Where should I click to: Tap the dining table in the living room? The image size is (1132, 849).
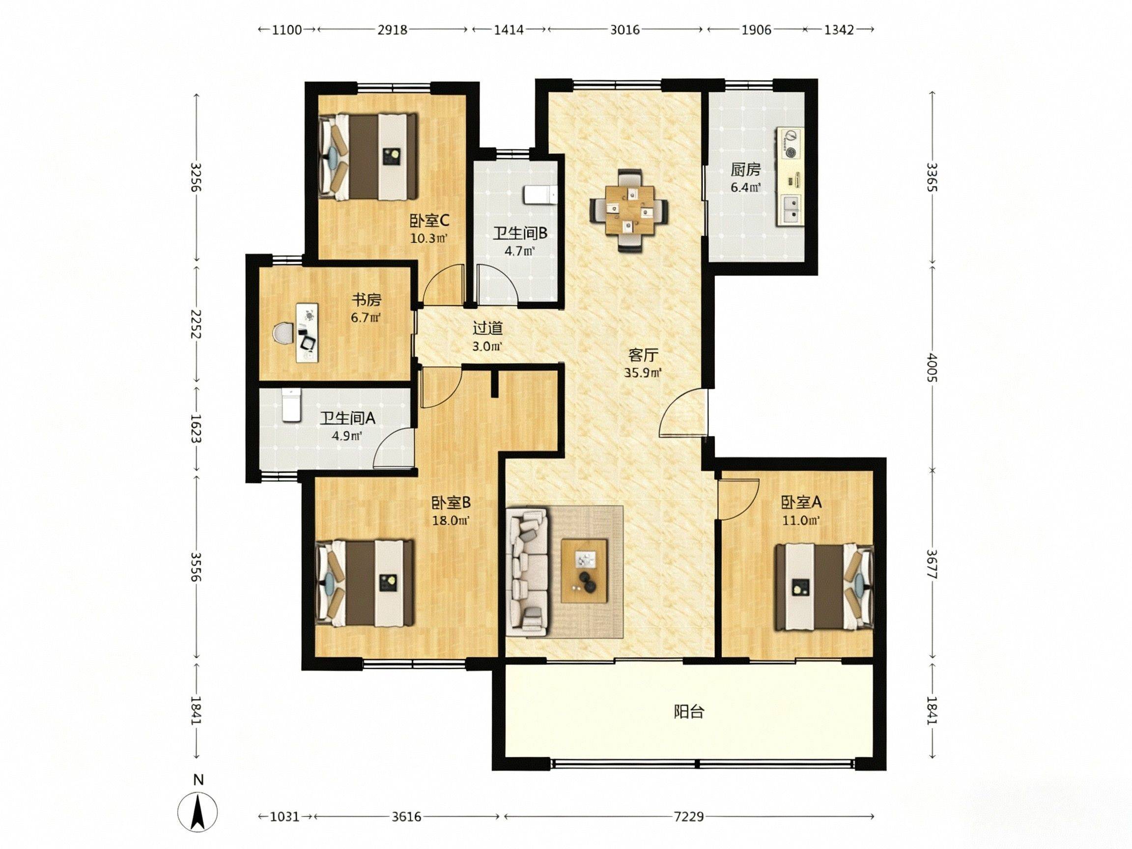(629, 210)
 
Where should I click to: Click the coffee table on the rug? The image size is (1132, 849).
(584, 570)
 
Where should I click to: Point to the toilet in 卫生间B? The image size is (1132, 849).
(539, 195)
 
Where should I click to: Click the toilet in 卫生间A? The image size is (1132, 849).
(291, 405)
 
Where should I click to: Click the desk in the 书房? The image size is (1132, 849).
(307, 333)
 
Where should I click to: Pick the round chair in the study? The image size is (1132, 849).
(282, 333)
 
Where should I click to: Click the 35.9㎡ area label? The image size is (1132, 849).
(643, 372)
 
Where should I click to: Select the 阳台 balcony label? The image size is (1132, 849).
(689, 711)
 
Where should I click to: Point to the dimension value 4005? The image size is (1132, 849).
(932, 368)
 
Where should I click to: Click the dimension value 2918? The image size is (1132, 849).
(393, 29)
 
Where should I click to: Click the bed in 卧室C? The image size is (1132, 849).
(367, 156)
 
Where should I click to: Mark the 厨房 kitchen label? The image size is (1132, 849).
(745, 170)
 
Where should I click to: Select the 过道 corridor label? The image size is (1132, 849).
(487, 328)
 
